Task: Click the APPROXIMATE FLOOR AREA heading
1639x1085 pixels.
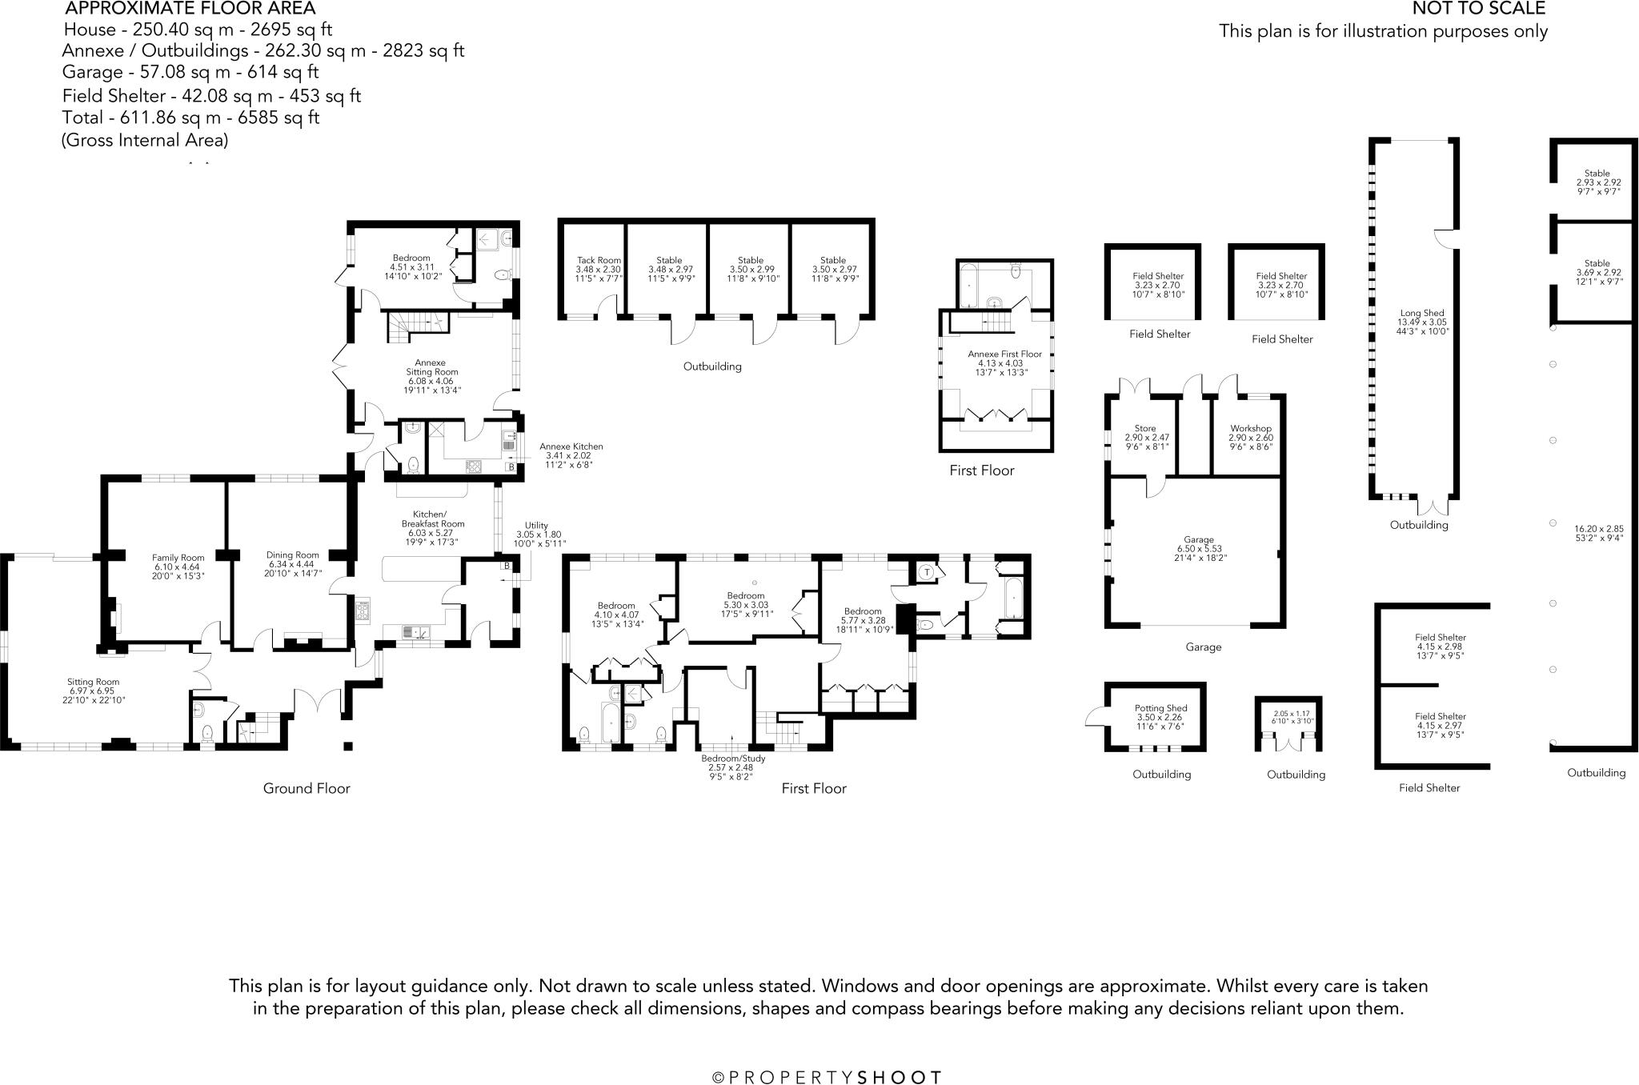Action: [190, 9]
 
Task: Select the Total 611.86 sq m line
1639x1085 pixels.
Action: [191, 118]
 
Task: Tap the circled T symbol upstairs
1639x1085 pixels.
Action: [926, 572]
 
